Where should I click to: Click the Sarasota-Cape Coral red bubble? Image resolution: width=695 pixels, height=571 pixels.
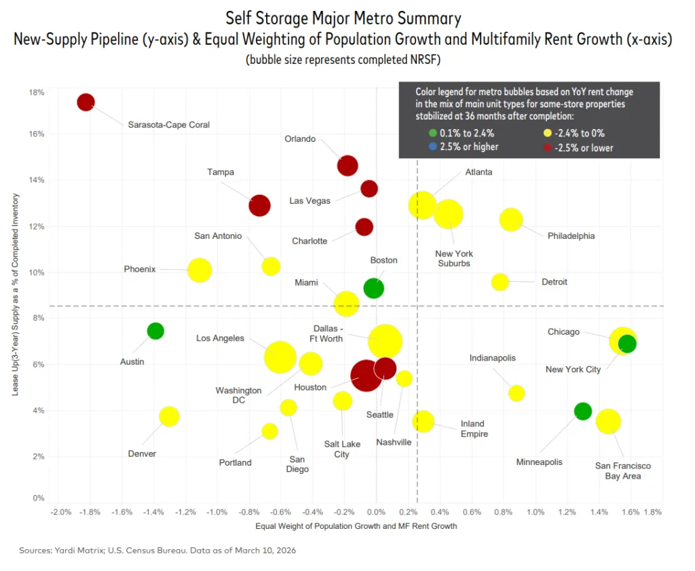(x=86, y=102)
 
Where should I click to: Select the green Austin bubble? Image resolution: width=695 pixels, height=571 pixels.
(x=155, y=331)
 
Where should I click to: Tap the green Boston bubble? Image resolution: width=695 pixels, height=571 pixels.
(x=373, y=288)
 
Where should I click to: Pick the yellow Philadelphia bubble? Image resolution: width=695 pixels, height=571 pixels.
(x=511, y=219)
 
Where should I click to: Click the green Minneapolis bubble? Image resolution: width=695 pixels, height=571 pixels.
(x=582, y=411)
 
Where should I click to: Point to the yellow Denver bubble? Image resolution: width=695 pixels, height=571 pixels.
(x=169, y=416)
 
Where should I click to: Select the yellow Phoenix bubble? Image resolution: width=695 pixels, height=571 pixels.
(x=200, y=270)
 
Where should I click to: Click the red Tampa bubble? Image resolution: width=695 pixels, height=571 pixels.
(x=259, y=205)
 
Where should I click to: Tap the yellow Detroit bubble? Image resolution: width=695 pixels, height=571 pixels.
(x=500, y=282)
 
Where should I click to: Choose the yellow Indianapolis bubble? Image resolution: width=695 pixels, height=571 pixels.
(x=516, y=393)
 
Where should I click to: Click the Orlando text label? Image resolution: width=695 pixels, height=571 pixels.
(x=300, y=139)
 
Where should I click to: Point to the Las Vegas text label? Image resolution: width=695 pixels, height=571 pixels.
(x=309, y=201)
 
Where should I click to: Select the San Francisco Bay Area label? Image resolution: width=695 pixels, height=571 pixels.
(x=622, y=471)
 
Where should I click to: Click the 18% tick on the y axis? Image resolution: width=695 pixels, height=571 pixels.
(x=36, y=92)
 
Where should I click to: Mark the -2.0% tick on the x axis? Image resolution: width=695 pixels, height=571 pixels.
(x=60, y=511)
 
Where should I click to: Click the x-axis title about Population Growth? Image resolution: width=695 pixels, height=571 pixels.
(x=356, y=526)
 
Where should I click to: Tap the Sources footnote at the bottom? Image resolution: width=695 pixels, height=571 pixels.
(x=157, y=551)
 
